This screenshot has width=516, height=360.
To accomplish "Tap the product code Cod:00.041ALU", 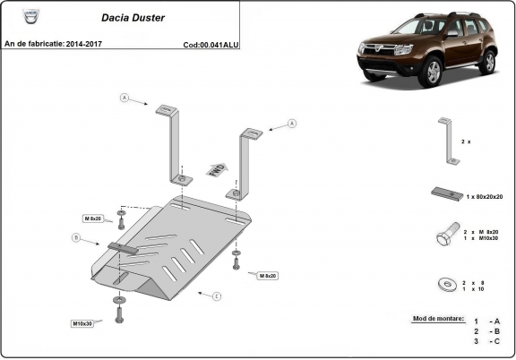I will pos(211,43).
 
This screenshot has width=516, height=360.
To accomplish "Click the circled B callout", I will pos(76,237).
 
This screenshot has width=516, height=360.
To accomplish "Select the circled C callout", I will pos(216,295).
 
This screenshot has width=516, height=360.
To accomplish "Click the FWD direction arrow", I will pos(216,170).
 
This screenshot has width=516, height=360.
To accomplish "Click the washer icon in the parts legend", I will pos(445,284).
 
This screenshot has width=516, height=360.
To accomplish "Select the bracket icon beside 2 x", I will pos(449,141).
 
